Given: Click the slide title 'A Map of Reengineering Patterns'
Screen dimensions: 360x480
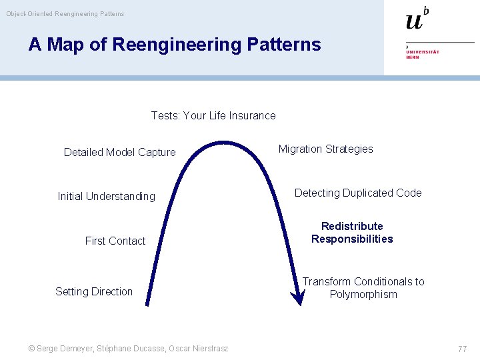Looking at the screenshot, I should [x=175, y=45].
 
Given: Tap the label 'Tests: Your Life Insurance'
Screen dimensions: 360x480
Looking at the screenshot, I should [x=213, y=115].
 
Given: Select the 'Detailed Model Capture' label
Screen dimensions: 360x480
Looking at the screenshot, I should [x=120, y=152].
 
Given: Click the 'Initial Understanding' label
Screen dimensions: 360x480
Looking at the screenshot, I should [x=107, y=196].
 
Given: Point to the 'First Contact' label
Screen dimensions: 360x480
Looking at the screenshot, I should [x=115, y=241].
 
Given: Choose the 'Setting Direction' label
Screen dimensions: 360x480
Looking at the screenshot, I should [x=94, y=291].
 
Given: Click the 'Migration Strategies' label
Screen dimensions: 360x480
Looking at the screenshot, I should [x=326, y=149].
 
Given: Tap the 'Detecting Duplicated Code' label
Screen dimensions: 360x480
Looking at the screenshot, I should [x=358, y=193].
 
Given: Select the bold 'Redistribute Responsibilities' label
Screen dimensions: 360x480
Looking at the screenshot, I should [x=352, y=233].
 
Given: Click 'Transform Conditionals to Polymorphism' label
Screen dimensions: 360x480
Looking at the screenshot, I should [x=363, y=287].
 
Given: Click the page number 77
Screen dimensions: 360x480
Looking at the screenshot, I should [x=463, y=349].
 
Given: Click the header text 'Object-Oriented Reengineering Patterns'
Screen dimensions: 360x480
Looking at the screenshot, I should [x=65, y=13].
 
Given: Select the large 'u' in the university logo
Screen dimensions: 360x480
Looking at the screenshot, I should [x=414, y=21].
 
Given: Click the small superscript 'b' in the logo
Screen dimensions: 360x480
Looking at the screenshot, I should [x=426, y=10].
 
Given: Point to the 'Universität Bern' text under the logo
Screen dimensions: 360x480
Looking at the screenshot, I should [x=423, y=54].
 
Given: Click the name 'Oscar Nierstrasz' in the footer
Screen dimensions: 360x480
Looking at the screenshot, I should [x=199, y=349].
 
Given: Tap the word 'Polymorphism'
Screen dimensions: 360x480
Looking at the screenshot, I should [x=363, y=294].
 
